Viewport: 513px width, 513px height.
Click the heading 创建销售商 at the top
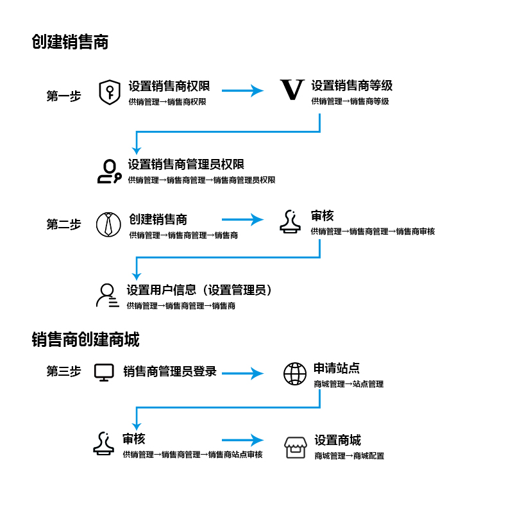[x=70, y=42]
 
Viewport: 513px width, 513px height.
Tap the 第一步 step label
[x=63, y=96]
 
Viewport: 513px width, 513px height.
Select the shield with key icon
[x=110, y=92]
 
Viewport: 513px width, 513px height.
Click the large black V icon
[x=292, y=89]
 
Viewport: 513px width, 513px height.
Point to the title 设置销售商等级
[x=351, y=86]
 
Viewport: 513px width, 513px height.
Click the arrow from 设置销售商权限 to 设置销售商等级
[x=242, y=90]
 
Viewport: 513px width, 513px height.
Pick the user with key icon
[x=110, y=171]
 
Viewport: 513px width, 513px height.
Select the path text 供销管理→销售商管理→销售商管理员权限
[x=201, y=180]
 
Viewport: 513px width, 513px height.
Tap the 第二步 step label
[x=63, y=224]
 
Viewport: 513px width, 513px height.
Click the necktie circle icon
[x=108, y=224]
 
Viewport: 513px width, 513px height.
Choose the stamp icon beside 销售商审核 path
[x=290, y=221]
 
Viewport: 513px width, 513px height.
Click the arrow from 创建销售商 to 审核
[x=242, y=219]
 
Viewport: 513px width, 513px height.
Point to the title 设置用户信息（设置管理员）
[x=199, y=290]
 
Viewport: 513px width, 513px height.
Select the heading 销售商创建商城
[x=86, y=339]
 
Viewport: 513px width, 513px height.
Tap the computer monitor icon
[x=104, y=373]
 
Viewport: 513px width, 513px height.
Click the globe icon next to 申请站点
[x=295, y=374]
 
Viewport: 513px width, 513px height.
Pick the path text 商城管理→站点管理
[x=348, y=383]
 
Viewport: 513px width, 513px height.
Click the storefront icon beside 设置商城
[x=296, y=448]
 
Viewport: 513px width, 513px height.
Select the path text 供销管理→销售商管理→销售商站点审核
[x=193, y=455]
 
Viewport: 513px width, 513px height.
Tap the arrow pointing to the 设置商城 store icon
[x=242, y=440]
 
